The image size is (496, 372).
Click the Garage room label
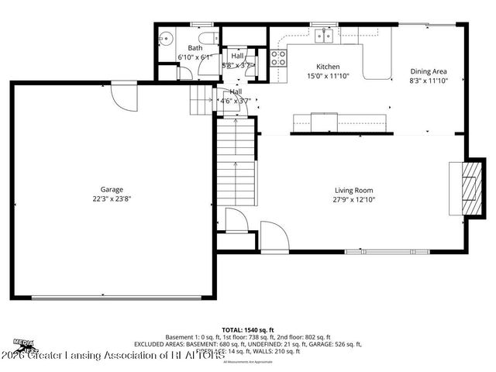111,189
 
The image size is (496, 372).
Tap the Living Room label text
353,190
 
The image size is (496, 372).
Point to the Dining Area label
429,71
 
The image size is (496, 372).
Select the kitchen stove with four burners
279,57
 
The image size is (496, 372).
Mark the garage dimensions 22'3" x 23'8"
111,198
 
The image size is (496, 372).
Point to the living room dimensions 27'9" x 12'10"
353,199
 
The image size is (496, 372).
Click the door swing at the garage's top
121,95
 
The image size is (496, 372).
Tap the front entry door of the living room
273,235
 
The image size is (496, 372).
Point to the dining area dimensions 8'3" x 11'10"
429,81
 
